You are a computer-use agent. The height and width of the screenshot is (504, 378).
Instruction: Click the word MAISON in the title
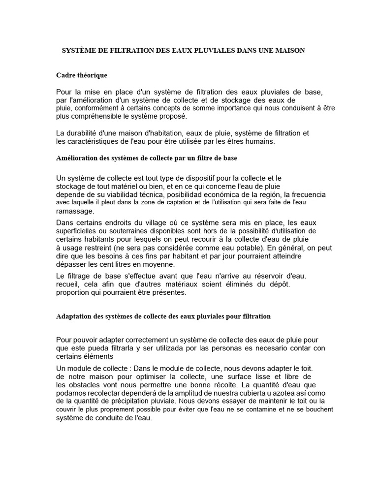click(291, 51)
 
